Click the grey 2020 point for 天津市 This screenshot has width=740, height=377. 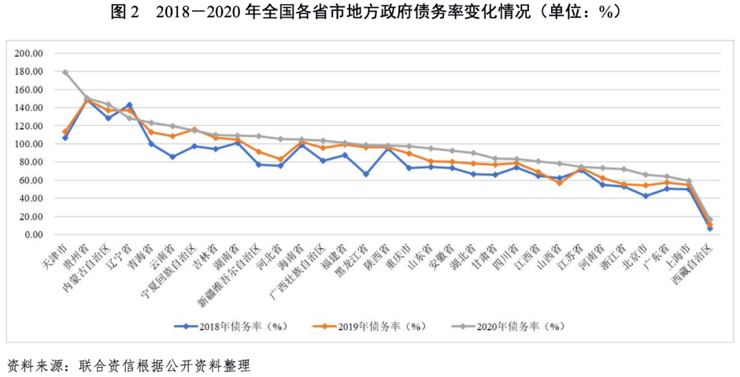tap(65, 72)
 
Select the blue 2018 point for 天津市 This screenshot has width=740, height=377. tap(65, 138)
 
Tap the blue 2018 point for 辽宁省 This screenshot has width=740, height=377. tap(129, 105)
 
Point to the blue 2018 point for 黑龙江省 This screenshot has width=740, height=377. tap(366, 174)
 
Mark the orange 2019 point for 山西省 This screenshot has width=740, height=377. tap(559, 183)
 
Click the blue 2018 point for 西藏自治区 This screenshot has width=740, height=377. tap(710, 228)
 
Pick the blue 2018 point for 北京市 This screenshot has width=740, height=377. tap(645, 196)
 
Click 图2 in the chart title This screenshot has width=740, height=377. tap(125, 12)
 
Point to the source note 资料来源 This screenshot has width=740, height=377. tap(31, 365)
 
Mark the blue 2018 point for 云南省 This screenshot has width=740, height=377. tap(173, 157)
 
